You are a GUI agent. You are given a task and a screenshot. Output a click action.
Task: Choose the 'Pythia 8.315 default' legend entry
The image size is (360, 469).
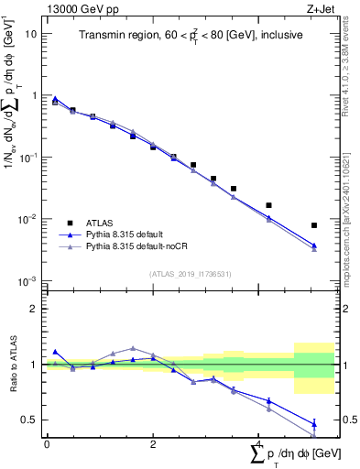click(136, 234)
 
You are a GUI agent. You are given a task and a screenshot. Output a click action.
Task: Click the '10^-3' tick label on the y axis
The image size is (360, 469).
click(27, 281)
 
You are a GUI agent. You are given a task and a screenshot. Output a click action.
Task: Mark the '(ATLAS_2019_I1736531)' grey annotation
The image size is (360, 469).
click(188, 273)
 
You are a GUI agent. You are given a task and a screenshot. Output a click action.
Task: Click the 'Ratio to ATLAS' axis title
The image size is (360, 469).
click(13, 365)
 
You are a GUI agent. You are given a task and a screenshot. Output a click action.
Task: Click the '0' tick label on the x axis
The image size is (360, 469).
click(47, 443)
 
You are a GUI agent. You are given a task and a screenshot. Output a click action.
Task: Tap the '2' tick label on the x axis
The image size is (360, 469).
click(153, 443)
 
